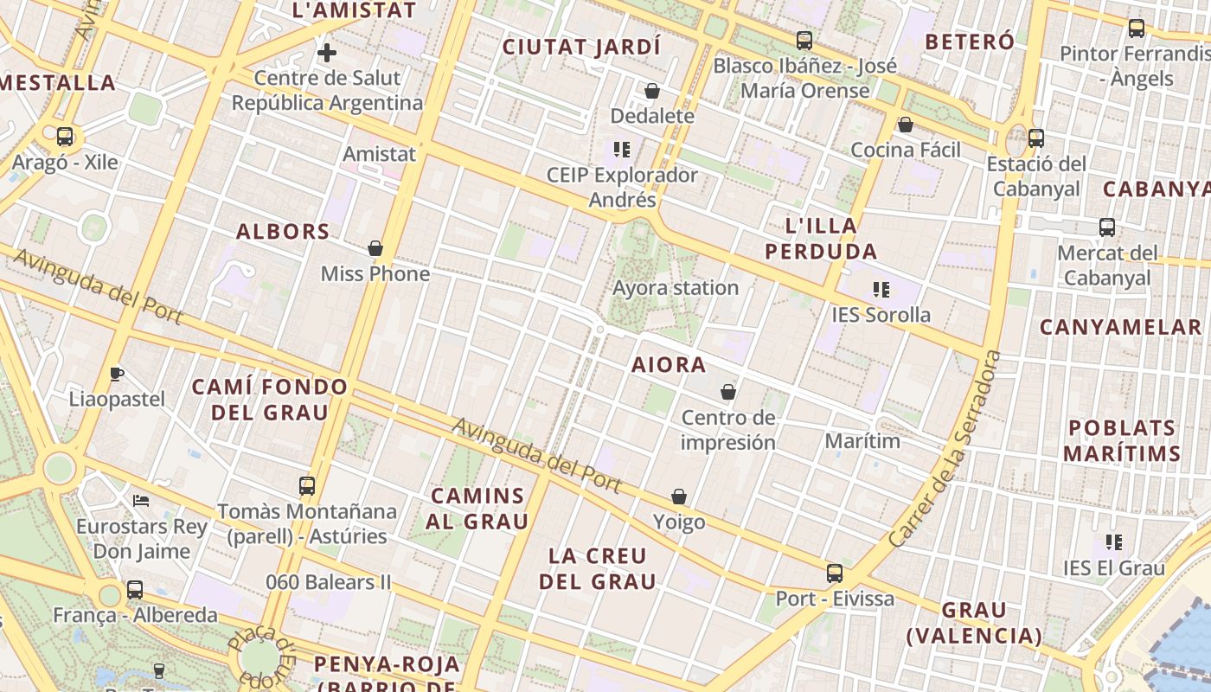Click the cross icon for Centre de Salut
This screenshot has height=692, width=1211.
(x=327, y=54)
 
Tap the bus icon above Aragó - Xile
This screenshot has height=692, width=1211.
(x=65, y=137)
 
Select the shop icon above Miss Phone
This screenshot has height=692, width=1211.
(x=375, y=249)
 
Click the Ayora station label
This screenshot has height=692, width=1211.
(x=676, y=288)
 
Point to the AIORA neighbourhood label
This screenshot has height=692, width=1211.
(x=669, y=365)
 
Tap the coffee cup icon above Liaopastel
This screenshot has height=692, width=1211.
(x=117, y=375)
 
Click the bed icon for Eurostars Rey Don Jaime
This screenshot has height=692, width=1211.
(x=140, y=501)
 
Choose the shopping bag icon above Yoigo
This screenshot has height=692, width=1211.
(x=679, y=497)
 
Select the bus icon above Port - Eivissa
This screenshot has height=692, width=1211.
(x=835, y=573)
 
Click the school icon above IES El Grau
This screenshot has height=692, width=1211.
(x=1114, y=542)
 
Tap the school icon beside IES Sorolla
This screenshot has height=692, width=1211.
(x=881, y=289)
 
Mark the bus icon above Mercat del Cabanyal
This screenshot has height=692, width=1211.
(x=1107, y=227)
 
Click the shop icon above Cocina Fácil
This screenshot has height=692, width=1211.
(x=906, y=125)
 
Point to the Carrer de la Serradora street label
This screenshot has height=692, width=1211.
(x=945, y=448)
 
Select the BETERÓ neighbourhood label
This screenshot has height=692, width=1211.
(x=969, y=42)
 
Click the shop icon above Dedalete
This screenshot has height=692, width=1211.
(x=652, y=91)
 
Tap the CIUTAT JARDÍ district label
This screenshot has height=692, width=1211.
(x=581, y=47)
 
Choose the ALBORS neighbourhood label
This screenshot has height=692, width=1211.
(x=283, y=232)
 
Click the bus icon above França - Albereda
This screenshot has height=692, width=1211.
(x=135, y=590)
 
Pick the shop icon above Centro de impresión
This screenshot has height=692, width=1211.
(x=728, y=393)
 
